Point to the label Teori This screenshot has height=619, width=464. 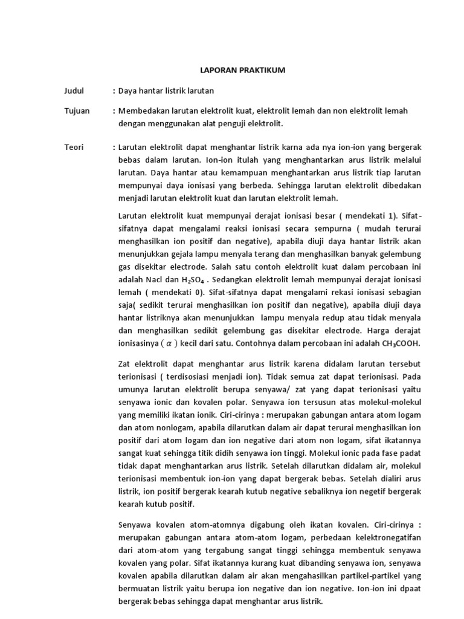pos(74,147)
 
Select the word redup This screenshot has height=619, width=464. pos(293,318)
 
